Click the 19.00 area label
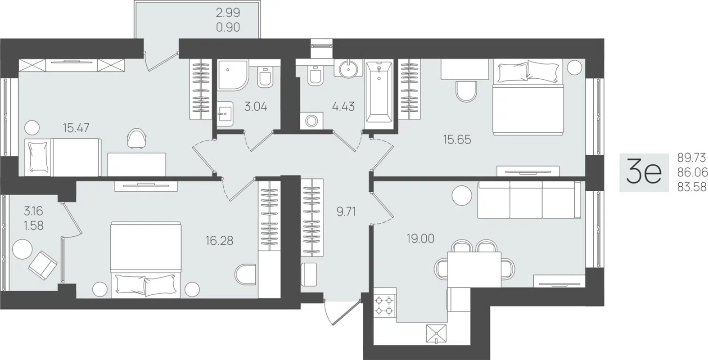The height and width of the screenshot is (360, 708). (420, 239)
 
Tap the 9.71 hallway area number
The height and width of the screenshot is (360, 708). (346, 212)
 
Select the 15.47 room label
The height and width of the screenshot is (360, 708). (76, 128)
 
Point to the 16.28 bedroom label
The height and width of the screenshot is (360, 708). (219, 241)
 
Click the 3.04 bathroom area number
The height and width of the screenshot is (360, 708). (256, 107)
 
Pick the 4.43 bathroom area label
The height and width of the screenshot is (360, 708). (343, 107)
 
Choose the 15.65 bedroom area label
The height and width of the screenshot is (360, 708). (457, 139)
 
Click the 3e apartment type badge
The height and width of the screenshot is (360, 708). (644, 172)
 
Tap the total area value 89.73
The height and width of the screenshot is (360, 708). (691, 157)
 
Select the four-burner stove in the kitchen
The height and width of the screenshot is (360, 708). (385, 305)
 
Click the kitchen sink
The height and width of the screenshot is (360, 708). (436, 334)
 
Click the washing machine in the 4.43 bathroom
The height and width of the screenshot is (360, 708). (311, 121)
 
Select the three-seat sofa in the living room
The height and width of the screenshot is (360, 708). (529, 200)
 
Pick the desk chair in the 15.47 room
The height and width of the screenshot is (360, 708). (136, 138)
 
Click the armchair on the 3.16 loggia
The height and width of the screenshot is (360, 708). (43, 265)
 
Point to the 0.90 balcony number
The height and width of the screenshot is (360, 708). (228, 27)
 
